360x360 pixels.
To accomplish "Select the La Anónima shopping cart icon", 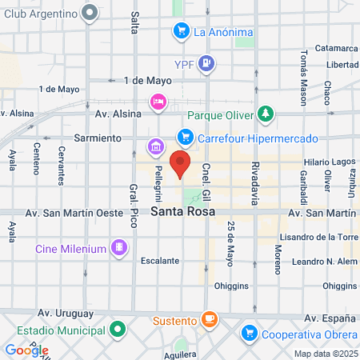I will click(181, 32).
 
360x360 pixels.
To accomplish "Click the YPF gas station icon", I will click(207, 62).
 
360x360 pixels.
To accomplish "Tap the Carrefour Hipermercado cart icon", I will click(186, 137).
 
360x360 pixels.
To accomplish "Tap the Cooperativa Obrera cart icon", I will click(249, 331).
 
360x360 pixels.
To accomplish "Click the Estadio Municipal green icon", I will click(118, 328).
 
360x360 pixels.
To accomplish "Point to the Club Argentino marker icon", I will click(90, 12).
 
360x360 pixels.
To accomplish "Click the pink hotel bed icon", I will click(158, 101).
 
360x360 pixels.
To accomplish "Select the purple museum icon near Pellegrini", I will click(154, 146).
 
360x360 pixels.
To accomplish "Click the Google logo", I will click(26, 350).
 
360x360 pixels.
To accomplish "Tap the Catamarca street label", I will click(336, 48).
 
